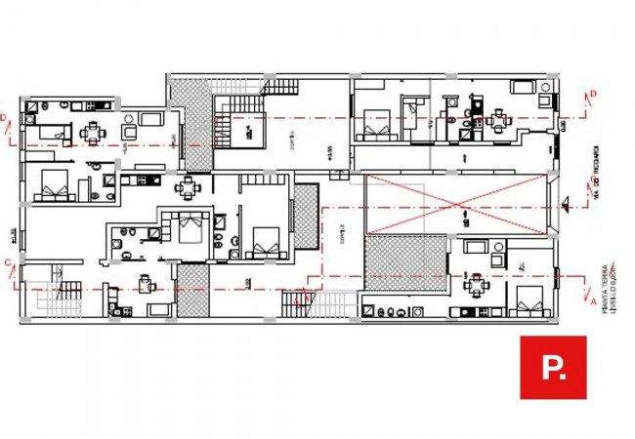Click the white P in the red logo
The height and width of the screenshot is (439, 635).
coord(552,368)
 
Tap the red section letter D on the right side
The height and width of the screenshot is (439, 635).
coord(593,95)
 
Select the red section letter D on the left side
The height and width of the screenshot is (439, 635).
coord(4,119)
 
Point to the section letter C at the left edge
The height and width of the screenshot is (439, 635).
coord(7,261)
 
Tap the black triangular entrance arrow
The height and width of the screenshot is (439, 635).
coord(568,203)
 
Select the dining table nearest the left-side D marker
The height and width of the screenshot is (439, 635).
coord(93,131)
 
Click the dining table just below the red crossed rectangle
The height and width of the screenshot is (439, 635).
coord(478,286)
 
